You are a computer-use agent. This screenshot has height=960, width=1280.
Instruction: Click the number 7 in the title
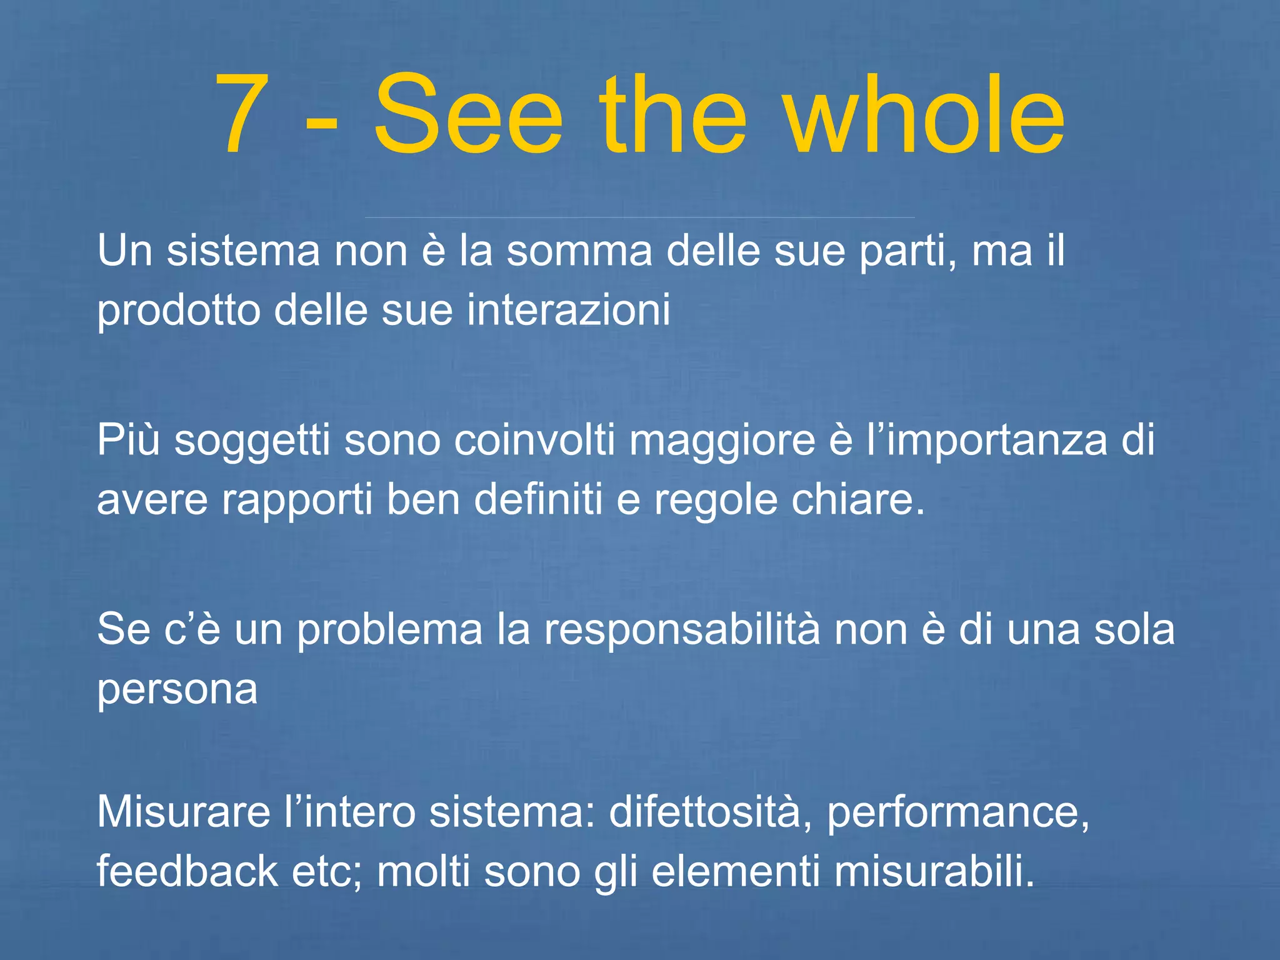[243, 114]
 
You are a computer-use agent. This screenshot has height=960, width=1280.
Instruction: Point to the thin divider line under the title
[639, 217]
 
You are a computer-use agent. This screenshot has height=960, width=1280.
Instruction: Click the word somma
[579, 251]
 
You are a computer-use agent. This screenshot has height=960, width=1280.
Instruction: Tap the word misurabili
[934, 871]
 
